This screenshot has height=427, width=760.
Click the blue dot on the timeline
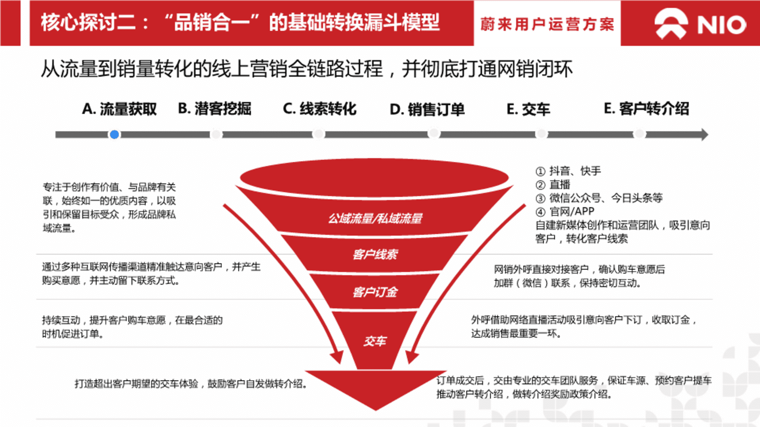(114, 134)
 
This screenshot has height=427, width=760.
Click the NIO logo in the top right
(700, 24)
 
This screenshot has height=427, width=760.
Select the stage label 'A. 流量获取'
(120, 109)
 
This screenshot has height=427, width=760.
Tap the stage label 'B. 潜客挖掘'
(215, 108)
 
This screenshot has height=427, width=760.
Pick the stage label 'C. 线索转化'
(319, 108)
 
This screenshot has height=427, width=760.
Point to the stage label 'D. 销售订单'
(427, 109)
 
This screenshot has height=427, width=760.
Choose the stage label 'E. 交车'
(528, 109)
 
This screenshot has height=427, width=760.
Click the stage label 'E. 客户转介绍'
(646, 108)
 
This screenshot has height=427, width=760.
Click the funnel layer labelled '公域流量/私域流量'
(375, 218)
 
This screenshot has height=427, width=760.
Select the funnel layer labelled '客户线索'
(375, 254)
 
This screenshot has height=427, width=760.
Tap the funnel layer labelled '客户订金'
(375, 292)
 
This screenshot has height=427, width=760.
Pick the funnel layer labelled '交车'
(375, 340)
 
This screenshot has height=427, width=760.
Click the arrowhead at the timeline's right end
(705, 134)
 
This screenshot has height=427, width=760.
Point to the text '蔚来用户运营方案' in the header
(547, 24)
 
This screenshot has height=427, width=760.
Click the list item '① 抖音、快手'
(568, 171)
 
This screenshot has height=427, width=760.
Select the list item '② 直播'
(553, 184)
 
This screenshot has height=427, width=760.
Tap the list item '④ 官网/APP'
(565, 211)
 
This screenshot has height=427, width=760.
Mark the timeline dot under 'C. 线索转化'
(319, 134)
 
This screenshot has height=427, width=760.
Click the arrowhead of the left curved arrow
(338, 356)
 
